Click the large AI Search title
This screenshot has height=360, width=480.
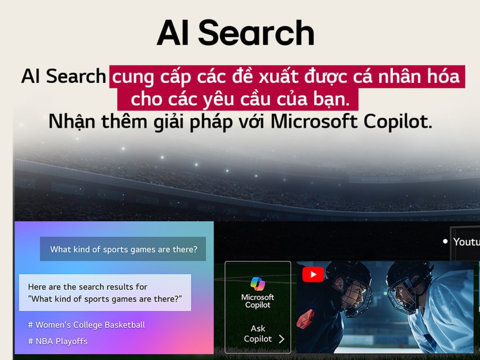[x=235, y=33]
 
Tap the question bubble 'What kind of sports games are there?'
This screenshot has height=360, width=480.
[x=123, y=249]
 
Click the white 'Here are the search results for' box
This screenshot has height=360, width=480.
[x=105, y=293]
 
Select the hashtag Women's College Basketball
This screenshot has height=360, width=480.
[x=87, y=325]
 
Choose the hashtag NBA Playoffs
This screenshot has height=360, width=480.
[x=58, y=341]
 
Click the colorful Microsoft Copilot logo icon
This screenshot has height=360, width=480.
[x=258, y=284]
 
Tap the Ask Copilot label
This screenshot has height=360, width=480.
[x=258, y=334]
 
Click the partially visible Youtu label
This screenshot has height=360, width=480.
[x=466, y=242]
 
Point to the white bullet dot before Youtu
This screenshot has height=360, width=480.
[x=445, y=241]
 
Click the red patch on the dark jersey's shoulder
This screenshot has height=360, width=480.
[x=305, y=319]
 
